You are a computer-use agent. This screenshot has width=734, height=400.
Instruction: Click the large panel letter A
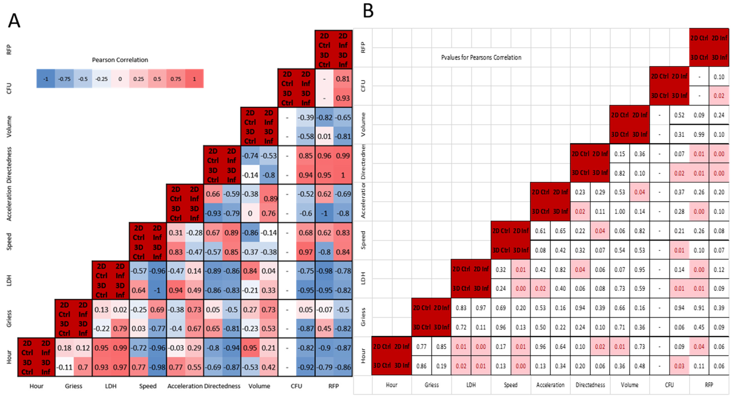coord(14,21)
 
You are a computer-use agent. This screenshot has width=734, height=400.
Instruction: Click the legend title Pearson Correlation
coord(120,60)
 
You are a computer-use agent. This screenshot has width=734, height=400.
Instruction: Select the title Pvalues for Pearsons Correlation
coord(481,58)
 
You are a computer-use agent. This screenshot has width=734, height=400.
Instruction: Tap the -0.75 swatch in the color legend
coord(64,79)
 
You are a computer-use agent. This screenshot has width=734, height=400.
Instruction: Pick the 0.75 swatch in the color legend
coord(176,79)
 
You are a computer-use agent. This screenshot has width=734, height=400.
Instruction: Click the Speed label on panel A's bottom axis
coord(148,386)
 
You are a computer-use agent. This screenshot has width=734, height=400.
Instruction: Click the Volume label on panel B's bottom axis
coord(629,385)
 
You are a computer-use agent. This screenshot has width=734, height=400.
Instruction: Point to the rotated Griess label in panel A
coord(9,318)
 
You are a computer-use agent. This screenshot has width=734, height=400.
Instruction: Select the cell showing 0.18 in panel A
coord(64,348)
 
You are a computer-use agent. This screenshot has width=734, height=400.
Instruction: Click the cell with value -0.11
coord(64,367)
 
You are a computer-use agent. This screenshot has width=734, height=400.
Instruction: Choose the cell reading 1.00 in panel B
coord(620,212)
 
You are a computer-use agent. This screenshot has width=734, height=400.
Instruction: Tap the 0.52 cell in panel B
coord(679,115)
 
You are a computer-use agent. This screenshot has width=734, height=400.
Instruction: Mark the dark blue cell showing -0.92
coord(305,367)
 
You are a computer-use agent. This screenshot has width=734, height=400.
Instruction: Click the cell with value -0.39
coord(305,117)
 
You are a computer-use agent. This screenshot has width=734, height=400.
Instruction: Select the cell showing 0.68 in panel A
coord(305,233)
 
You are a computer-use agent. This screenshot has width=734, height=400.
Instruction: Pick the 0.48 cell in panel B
coord(640,366)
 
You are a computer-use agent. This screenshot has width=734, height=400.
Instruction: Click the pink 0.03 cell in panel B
coord(679,366)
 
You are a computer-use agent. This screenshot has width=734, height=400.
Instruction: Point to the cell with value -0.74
coord(250,156)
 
